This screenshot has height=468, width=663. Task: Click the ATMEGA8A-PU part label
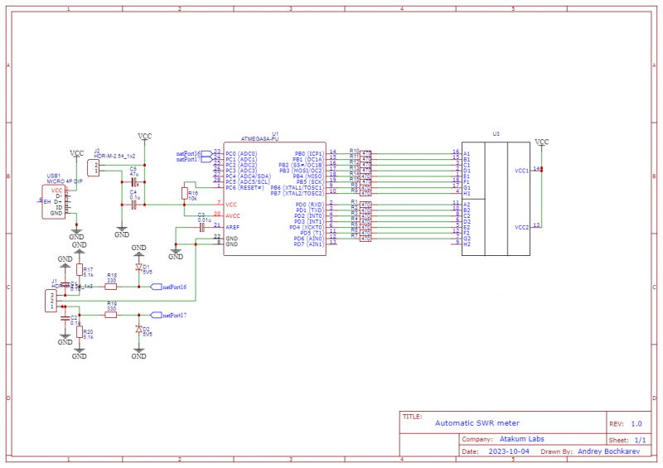262,138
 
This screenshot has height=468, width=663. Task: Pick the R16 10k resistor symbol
184,193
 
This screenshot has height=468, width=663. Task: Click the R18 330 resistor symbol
111,287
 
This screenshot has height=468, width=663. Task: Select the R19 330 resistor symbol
111,315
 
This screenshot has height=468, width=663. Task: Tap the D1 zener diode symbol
139,267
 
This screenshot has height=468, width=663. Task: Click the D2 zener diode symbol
139,329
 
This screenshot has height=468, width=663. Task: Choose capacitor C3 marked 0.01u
201,226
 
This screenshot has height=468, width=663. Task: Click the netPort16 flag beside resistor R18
172,287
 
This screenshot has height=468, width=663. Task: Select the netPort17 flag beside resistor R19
172,316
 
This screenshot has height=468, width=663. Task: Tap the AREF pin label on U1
233,226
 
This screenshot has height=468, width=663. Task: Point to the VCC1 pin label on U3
521,171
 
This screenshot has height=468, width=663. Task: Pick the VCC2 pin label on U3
521,226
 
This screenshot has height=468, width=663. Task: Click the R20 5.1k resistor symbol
80,333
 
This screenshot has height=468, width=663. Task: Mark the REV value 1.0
636,422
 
